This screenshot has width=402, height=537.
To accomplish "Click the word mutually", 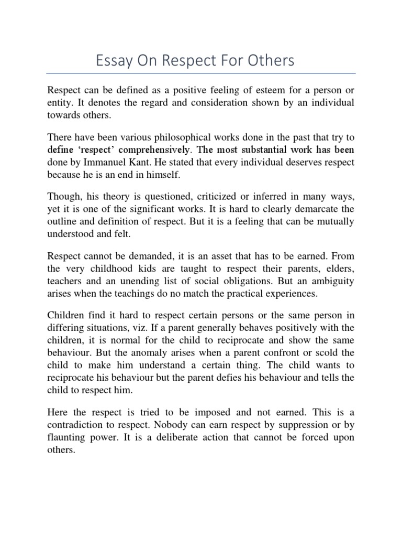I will point(335,221).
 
